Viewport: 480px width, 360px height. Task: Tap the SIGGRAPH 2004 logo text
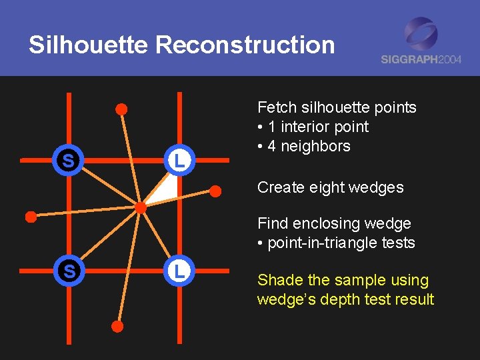421,59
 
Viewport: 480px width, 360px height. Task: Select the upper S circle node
67,161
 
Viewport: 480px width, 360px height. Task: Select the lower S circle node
67,271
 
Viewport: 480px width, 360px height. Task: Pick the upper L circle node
179,161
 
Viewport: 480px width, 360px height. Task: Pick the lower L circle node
179,271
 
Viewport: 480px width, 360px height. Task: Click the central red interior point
141,208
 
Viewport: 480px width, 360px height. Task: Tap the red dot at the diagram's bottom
117,327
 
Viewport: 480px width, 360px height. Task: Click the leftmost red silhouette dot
30,216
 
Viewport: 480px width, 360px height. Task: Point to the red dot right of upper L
216,191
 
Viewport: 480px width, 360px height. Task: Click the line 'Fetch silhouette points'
337,107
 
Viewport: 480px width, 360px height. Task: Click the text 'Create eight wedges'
330,187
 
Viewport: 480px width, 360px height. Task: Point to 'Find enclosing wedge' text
334,223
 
